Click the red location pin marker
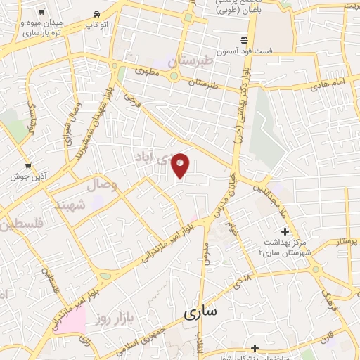181,165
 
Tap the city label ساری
201,313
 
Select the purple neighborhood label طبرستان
189,62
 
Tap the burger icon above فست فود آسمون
244,39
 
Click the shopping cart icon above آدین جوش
28,166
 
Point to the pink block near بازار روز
72,319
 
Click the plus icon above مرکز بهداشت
285,231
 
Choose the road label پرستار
345,241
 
